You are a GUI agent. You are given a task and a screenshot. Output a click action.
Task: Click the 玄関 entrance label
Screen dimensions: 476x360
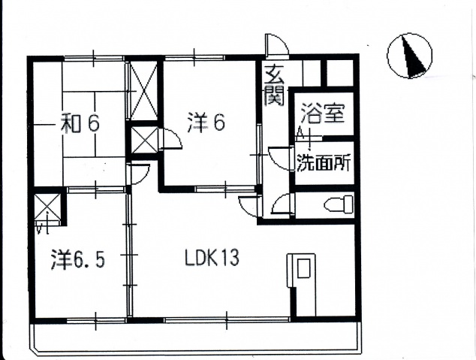tap(274, 86)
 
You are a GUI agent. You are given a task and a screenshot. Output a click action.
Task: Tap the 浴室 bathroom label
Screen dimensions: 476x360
tap(324, 114)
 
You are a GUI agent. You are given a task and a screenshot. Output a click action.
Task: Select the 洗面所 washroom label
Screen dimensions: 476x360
tap(324, 162)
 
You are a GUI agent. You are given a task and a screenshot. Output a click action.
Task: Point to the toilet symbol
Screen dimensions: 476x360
tap(339, 204)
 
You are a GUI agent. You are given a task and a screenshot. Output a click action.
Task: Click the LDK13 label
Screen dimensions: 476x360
tap(212, 258)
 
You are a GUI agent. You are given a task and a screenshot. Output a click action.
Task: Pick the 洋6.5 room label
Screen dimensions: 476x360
tap(78, 260)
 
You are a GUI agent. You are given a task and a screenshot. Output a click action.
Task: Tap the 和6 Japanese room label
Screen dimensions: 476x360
tap(80, 123)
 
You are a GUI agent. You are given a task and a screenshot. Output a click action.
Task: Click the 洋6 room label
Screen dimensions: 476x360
tap(206, 123)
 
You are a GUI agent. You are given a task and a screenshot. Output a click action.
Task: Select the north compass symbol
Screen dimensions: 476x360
tap(409, 56)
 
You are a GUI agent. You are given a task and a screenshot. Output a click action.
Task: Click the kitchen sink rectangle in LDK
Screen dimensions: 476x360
tap(303, 268)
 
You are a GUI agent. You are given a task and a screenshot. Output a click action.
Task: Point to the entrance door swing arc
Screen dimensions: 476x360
tap(277, 45)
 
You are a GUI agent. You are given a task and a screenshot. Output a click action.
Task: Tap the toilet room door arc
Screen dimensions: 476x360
tap(283, 203)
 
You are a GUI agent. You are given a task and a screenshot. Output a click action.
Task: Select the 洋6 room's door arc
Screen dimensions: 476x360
tap(170, 138)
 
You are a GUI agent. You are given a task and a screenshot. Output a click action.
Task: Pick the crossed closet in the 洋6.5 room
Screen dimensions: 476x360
tap(47, 207)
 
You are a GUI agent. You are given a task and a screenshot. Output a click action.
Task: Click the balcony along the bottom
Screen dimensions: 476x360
tap(196, 337)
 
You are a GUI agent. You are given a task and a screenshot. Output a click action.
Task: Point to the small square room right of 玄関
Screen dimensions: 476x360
tap(339, 73)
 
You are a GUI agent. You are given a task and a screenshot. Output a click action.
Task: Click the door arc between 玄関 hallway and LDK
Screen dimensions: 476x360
tap(250, 207)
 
